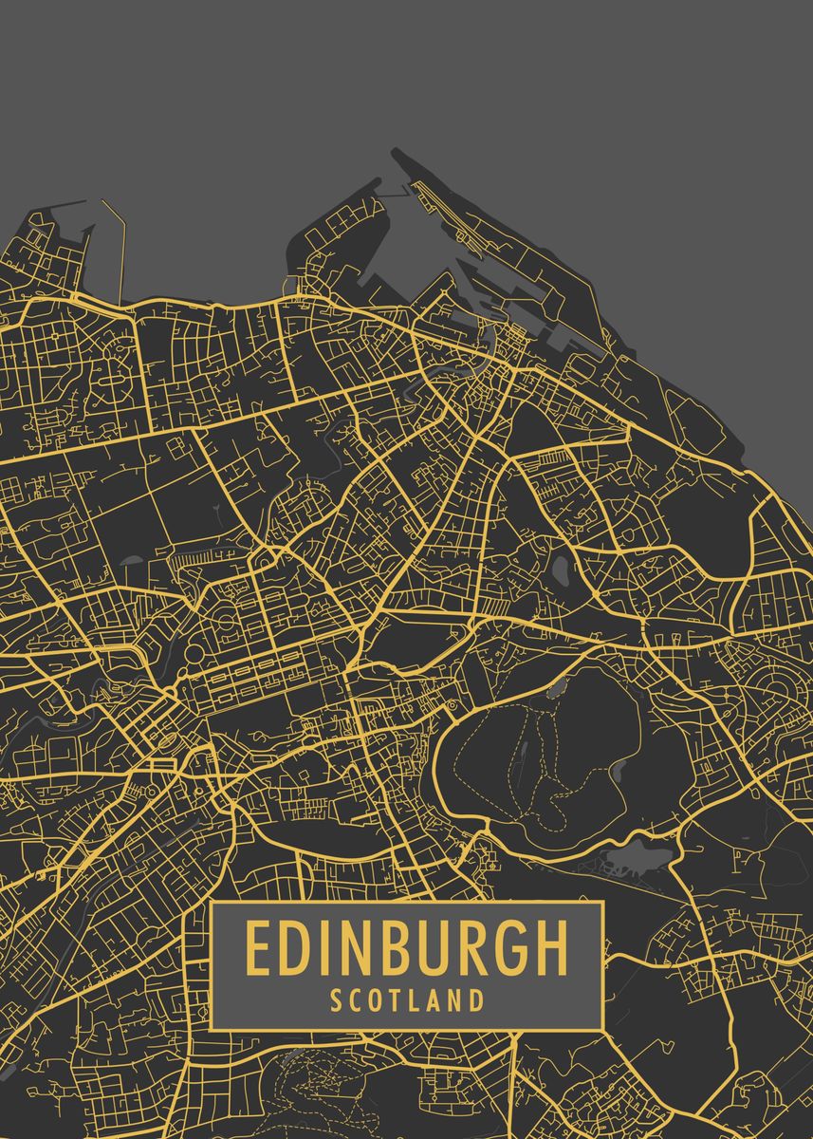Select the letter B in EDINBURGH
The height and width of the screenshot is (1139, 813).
click(x=399, y=947)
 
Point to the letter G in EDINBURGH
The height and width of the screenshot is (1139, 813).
click(x=508, y=947)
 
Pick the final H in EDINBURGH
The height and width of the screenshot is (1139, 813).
click(x=550, y=947)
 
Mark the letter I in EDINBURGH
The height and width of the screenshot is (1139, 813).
click(x=323, y=947)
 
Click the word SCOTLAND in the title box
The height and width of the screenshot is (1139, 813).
click(x=407, y=999)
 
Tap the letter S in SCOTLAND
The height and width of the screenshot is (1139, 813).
click(x=337, y=999)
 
